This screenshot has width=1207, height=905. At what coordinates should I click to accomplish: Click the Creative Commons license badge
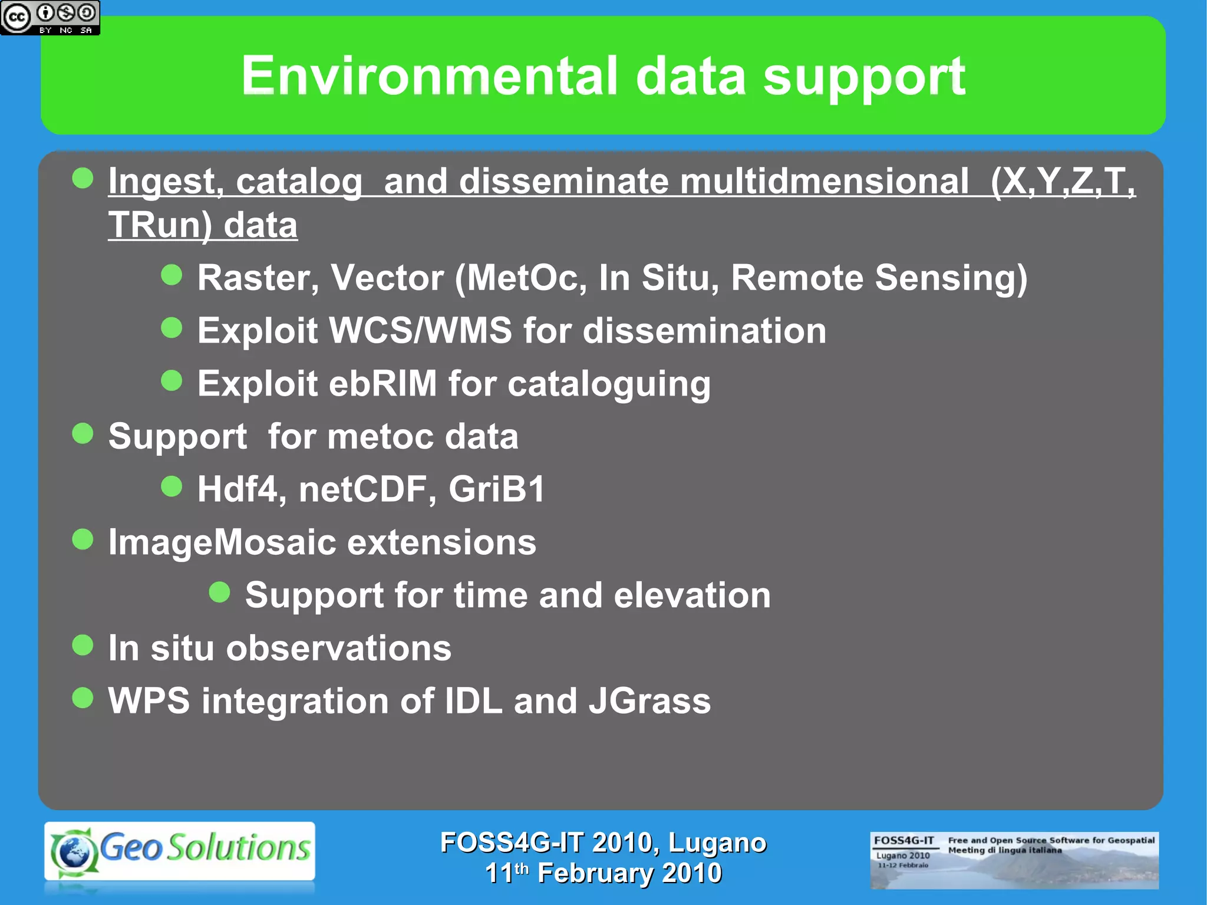50,18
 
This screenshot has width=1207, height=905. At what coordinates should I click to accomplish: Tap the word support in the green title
864,77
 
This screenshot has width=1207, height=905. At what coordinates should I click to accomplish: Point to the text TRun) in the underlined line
160,225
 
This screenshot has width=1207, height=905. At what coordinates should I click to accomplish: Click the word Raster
258,278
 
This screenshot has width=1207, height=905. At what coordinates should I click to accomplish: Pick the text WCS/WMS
420,331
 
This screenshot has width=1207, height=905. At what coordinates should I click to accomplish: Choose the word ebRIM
382,384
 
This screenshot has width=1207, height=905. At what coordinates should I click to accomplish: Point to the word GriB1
497,489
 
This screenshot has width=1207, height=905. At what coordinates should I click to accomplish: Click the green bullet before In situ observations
83,645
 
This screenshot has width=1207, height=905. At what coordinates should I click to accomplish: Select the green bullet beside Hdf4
172,486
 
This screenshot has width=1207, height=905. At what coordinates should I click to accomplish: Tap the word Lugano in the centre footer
717,843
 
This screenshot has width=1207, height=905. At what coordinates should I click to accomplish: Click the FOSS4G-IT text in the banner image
903,840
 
